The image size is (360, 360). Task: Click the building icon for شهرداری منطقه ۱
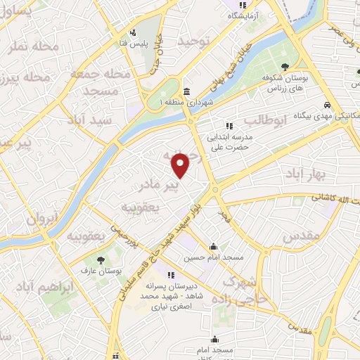point(186,92)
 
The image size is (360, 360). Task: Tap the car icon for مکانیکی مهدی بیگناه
point(328,105)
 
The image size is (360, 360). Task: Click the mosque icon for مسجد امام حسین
point(214,247)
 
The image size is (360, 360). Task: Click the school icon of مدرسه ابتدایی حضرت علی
point(229,127)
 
